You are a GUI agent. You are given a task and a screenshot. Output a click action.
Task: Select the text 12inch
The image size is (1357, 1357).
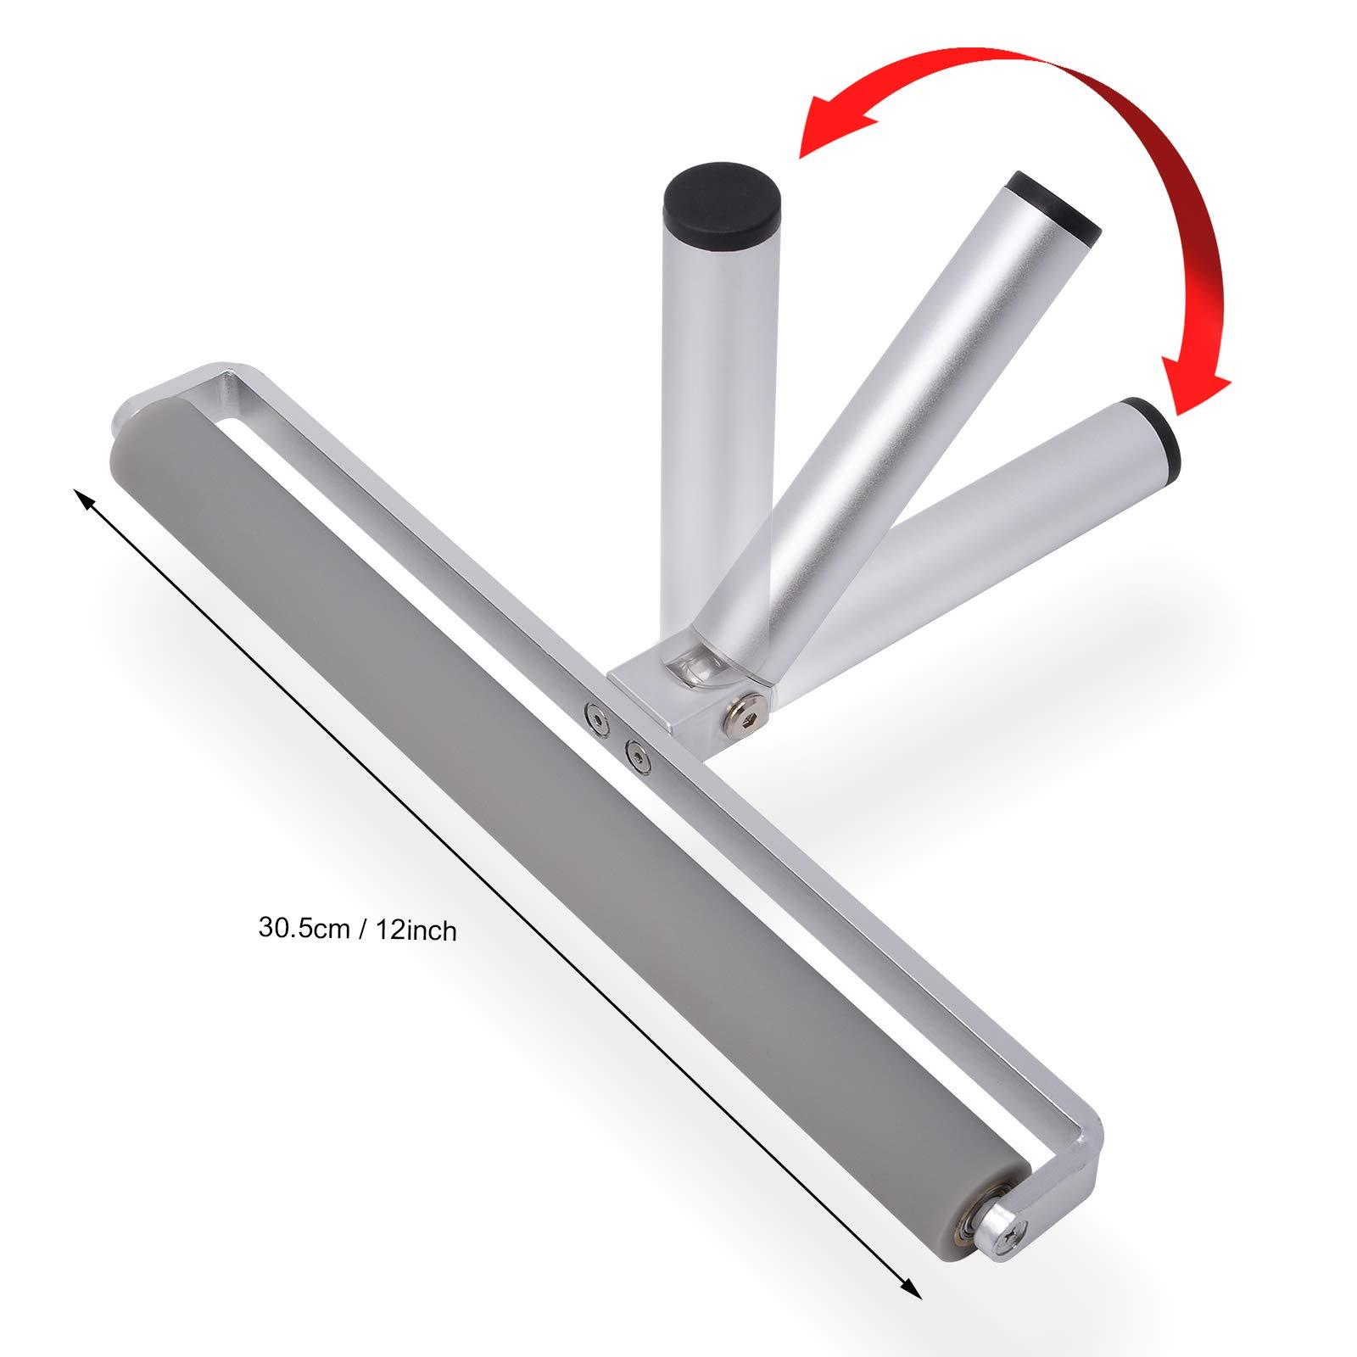[x=414, y=930]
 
